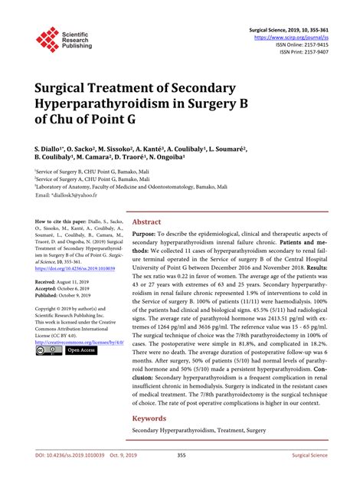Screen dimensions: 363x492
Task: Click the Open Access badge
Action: [x=80, y=349]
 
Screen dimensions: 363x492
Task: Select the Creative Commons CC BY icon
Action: [x=48, y=349]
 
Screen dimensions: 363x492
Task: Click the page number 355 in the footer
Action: [x=181, y=475]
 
